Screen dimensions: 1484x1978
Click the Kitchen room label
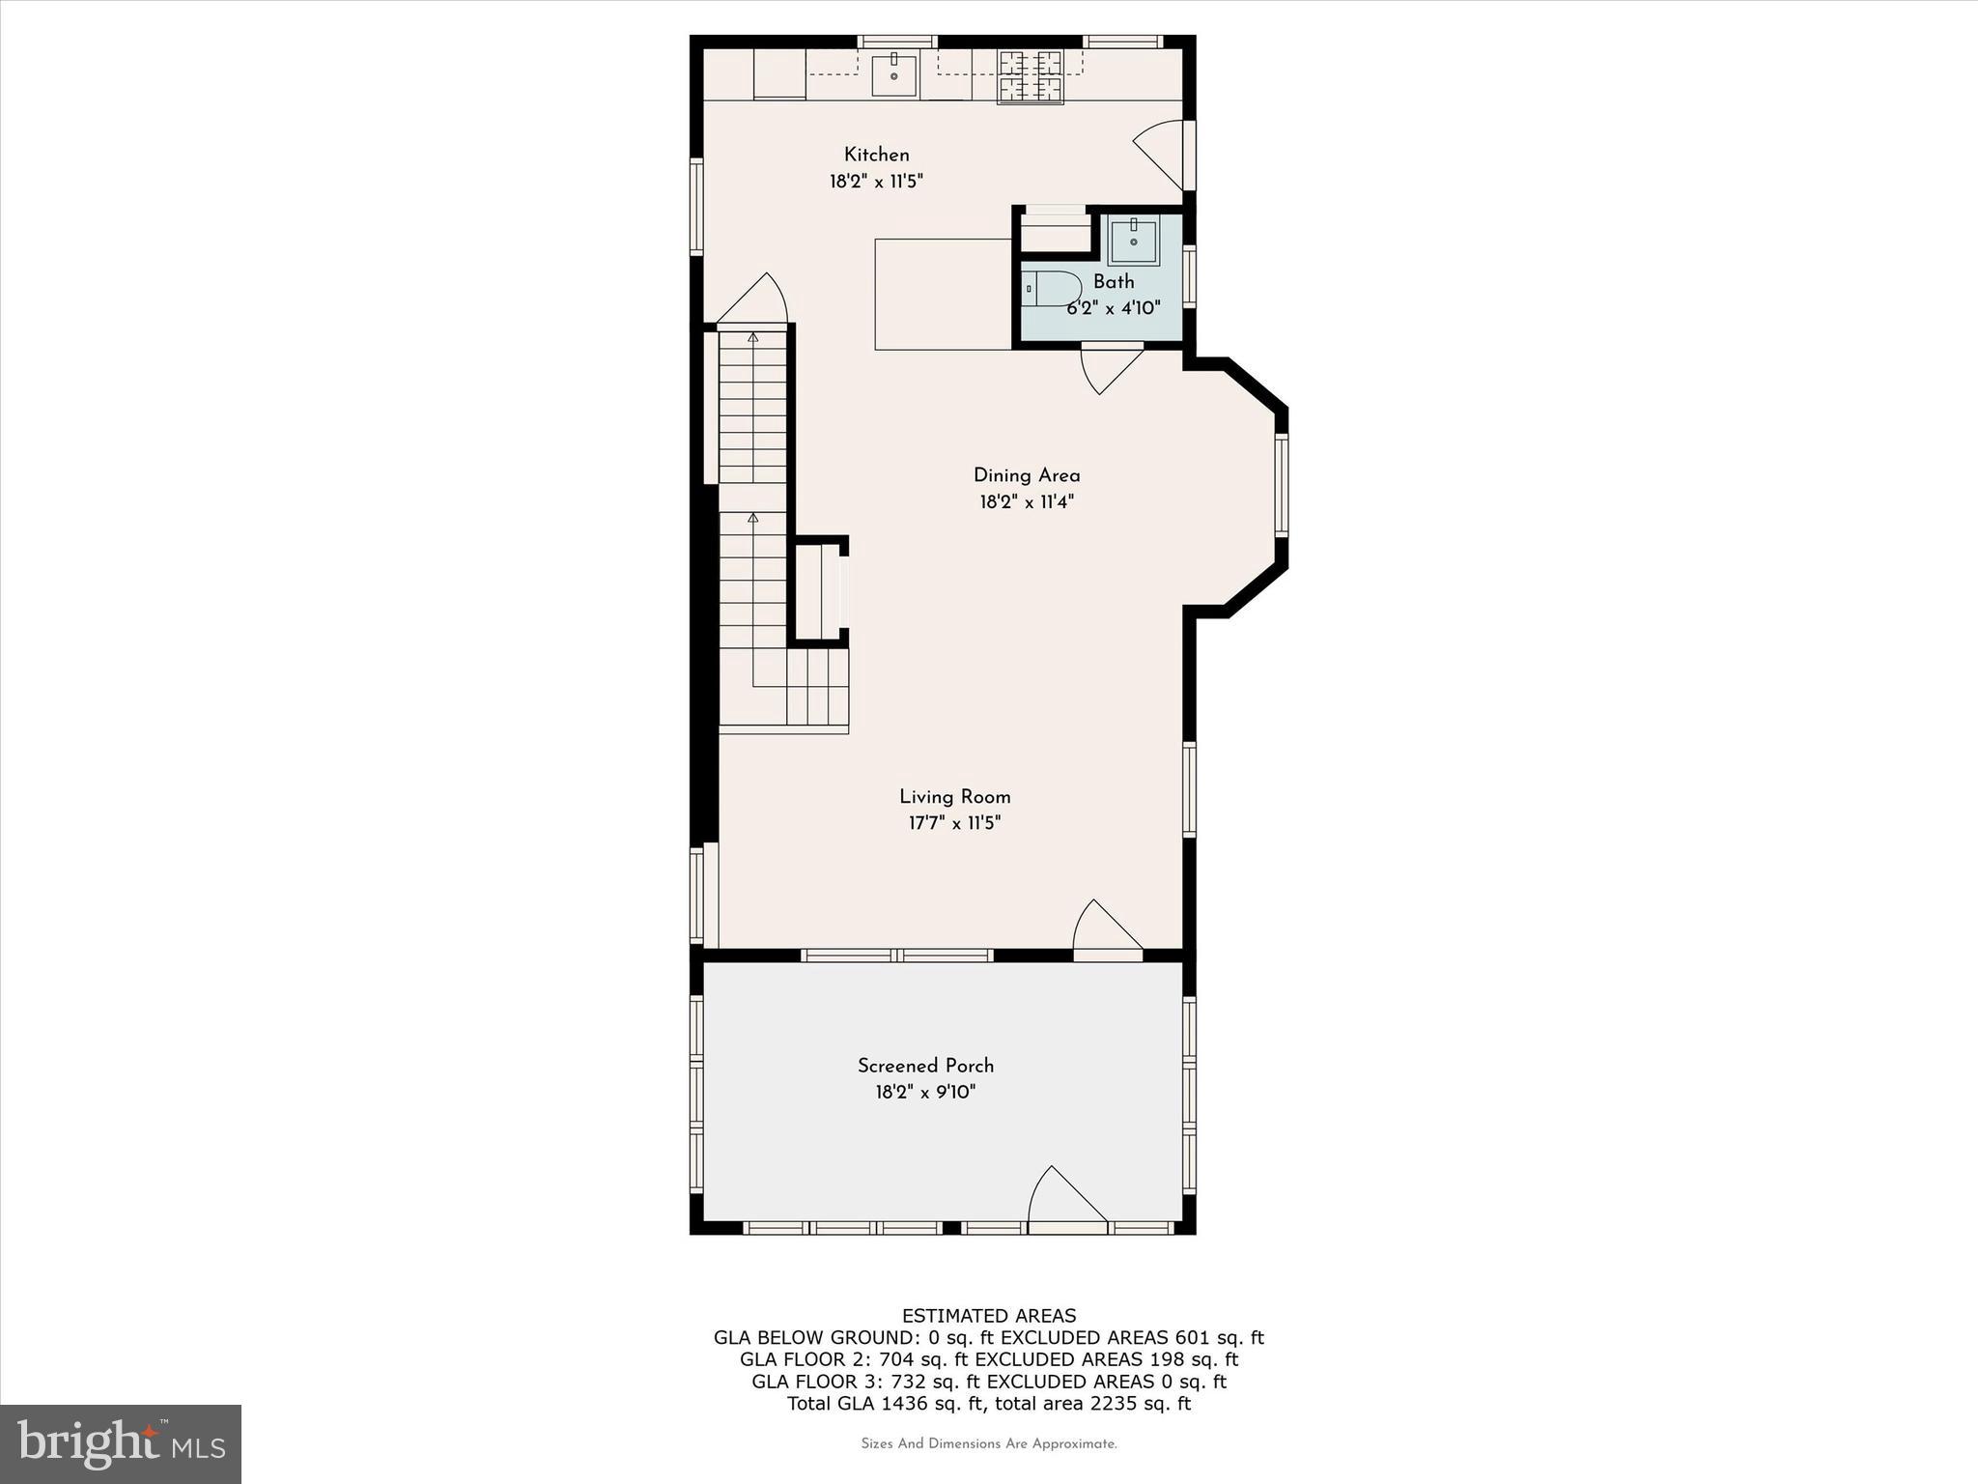pos(876,155)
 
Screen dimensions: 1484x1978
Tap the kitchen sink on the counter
pos(894,75)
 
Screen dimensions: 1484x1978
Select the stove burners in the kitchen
pos(1031,76)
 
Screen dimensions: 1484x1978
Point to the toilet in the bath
pos(1052,289)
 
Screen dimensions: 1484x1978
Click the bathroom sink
pos(1133,241)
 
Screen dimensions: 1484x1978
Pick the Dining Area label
pos(1026,475)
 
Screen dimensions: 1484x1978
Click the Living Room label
pos(954,797)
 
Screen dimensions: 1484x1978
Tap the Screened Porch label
pos(925,1066)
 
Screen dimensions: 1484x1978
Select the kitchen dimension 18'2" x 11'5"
pos(876,182)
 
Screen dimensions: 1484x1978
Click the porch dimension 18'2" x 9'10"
pos(925,1093)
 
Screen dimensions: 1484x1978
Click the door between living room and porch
pos(1107,929)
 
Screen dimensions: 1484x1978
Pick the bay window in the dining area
pos(1282,485)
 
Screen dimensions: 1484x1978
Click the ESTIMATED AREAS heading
pos(988,1316)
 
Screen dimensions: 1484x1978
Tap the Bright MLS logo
pos(121,1443)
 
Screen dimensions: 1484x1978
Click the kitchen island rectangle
pos(943,294)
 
